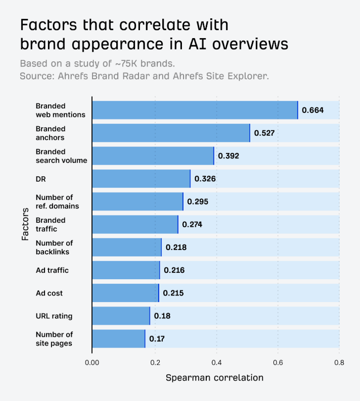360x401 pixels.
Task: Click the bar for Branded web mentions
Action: (195, 110)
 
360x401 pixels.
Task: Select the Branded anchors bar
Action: (171, 133)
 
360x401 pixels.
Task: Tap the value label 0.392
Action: (228, 156)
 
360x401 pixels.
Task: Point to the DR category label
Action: (41, 179)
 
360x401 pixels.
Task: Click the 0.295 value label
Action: (198, 201)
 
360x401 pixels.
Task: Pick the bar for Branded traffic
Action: (135, 224)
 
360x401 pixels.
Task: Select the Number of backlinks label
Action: (54, 247)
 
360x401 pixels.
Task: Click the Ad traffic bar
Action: (126, 270)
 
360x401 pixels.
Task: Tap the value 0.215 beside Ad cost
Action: (173, 293)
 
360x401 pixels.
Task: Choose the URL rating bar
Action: (121, 316)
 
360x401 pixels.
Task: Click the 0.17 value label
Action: (157, 339)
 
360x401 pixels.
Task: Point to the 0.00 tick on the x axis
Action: (92, 362)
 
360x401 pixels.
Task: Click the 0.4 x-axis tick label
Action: (216, 362)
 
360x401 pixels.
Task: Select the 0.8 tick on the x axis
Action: (339, 362)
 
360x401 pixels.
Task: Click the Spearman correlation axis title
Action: (215, 378)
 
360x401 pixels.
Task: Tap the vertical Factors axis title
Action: (26, 224)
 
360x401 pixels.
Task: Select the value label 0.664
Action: (313, 110)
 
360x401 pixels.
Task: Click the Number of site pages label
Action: (54, 339)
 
